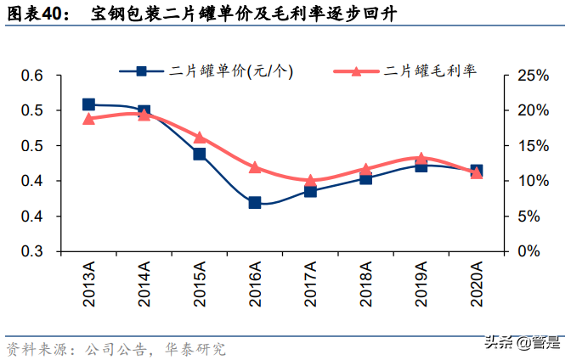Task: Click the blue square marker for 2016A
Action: (x=255, y=203)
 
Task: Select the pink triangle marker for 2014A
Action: (x=144, y=115)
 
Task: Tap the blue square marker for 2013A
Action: (x=89, y=104)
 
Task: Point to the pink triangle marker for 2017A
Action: (x=310, y=181)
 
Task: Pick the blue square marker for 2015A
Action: (x=200, y=154)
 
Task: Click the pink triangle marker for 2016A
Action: (x=255, y=167)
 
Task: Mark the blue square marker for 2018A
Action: (x=365, y=178)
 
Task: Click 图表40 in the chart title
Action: (x=36, y=14)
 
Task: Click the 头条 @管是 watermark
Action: (x=522, y=343)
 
